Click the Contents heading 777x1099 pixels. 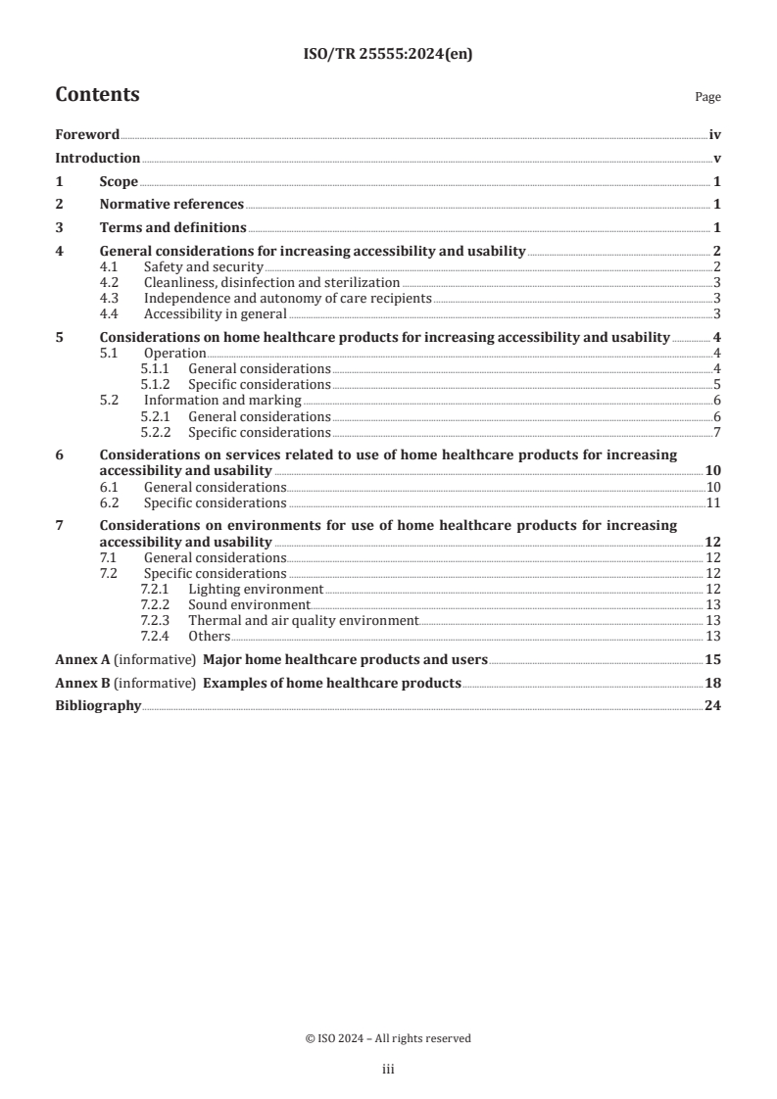coord(97,95)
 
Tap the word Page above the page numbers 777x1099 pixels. coord(706,98)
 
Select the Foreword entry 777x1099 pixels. coord(87,135)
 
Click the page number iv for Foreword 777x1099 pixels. coord(714,135)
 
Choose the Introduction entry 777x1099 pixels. coord(97,158)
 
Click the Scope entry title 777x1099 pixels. coord(119,181)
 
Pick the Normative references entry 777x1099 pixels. coord(171,205)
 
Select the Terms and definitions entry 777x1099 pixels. coord(173,227)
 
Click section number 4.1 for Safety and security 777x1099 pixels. coord(112,267)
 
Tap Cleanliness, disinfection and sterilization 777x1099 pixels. coord(271,282)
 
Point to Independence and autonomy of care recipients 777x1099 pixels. coord(287,298)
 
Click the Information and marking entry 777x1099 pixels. coord(222,401)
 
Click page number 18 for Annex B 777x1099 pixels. coord(713,683)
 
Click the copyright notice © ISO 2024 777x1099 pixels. coord(388,1038)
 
